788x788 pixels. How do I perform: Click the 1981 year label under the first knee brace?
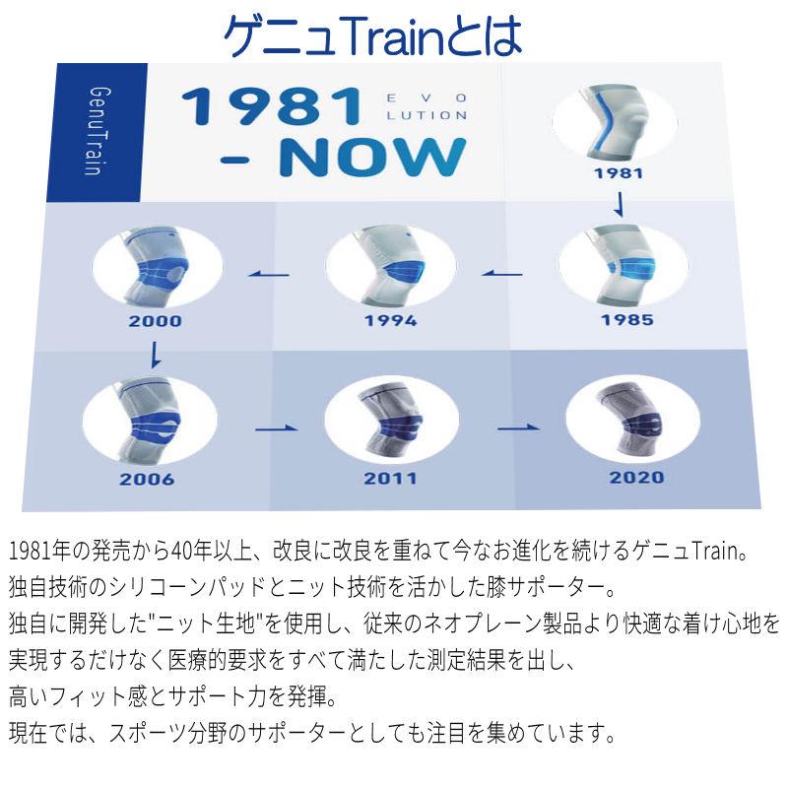[619, 172]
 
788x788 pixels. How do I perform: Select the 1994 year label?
[390, 320]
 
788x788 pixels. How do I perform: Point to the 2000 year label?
[155, 320]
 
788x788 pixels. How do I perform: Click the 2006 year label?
[146, 480]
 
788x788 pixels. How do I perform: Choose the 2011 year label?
[390, 480]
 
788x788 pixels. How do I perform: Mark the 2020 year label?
[636, 478]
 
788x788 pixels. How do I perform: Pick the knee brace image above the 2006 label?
[149, 420]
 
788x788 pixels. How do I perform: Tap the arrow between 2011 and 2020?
[519, 428]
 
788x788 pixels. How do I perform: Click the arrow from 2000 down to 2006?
[155, 353]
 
